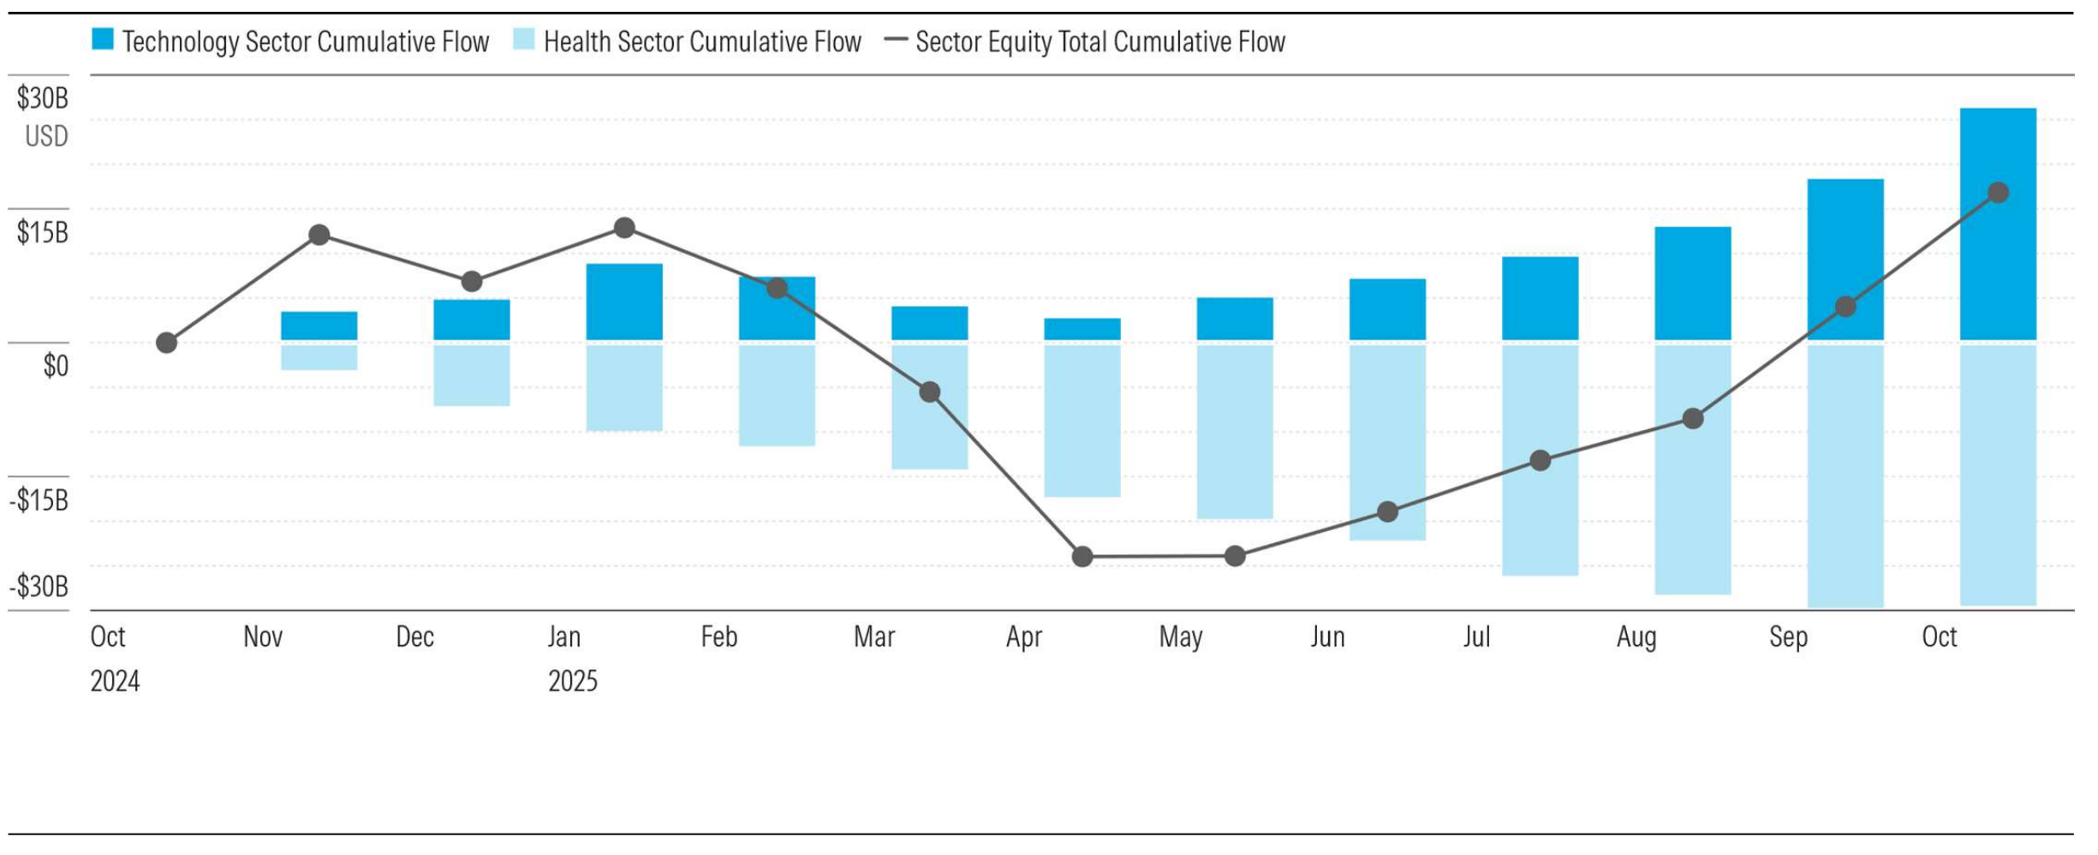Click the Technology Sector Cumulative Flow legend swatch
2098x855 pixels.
tap(103, 39)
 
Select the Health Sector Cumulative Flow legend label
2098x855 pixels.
tap(701, 42)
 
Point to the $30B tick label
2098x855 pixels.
tap(42, 99)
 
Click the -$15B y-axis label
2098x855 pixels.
tap(39, 500)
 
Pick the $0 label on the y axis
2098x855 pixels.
tap(56, 366)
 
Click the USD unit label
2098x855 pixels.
tap(46, 136)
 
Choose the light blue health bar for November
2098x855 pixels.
tap(319, 357)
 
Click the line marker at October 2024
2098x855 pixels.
tap(167, 344)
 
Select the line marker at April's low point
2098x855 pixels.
tap(1082, 557)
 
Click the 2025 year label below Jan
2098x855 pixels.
tap(572, 682)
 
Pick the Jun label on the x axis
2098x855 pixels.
tap(1327, 637)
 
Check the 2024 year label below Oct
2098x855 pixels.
tap(115, 682)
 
